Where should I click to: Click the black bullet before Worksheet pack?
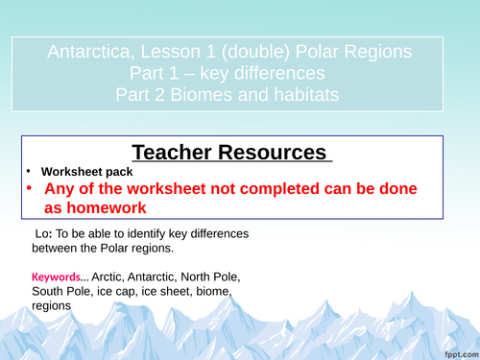[x=31, y=173]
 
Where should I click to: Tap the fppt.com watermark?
[x=456, y=350]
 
